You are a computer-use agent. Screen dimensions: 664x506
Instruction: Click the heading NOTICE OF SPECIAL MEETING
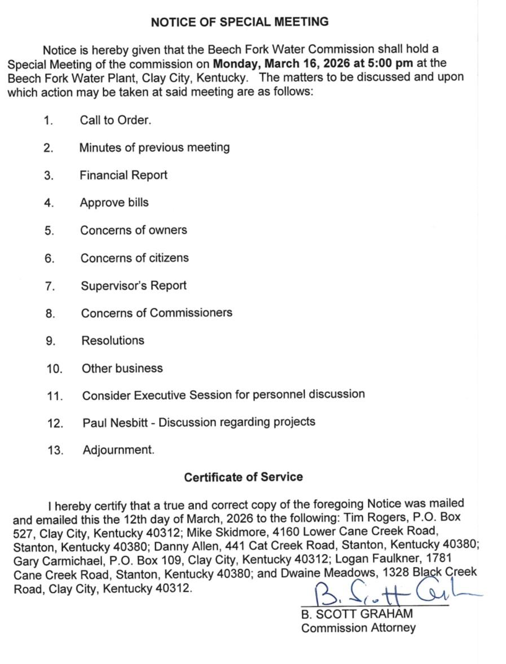point(240,22)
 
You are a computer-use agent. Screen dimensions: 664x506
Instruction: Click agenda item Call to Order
point(116,120)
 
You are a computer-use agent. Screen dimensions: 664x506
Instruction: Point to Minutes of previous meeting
point(154,147)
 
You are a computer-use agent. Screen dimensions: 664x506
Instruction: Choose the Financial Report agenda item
point(124,175)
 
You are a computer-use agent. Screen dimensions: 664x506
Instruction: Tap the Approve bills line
point(114,202)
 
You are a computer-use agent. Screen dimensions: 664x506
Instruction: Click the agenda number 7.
point(49,286)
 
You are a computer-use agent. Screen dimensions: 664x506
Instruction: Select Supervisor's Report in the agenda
point(133,285)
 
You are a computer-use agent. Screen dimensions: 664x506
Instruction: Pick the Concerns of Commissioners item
point(156,313)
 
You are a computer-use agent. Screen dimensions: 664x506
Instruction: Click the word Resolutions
point(113,340)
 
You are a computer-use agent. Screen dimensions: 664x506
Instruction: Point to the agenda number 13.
point(55,451)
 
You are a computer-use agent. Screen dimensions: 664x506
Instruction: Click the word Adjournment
point(118,450)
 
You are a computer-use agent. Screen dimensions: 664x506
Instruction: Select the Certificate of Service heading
point(243,477)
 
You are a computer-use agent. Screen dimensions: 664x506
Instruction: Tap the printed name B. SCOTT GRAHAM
point(357,614)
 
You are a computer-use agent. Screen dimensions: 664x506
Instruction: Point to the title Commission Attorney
point(358,628)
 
